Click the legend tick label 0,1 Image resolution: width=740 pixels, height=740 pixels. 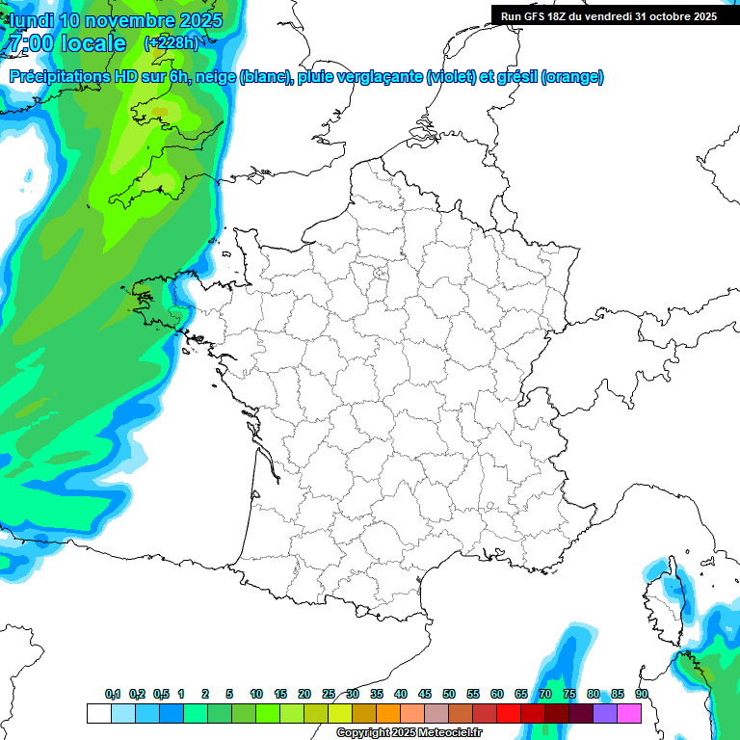(x=113, y=694)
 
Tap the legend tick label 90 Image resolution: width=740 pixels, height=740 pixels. (x=642, y=694)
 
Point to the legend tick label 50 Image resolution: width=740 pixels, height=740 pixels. (x=449, y=694)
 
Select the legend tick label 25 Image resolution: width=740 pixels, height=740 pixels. (x=329, y=694)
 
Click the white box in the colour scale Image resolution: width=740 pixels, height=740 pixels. (x=98, y=713)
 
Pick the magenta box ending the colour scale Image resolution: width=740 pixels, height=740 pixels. (x=629, y=713)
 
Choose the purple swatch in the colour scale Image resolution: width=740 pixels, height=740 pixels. (x=605, y=713)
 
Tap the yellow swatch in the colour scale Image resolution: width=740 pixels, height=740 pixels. (x=340, y=713)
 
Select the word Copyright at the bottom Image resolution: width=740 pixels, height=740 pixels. (x=365, y=732)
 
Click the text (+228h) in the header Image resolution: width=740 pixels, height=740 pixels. (x=172, y=43)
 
